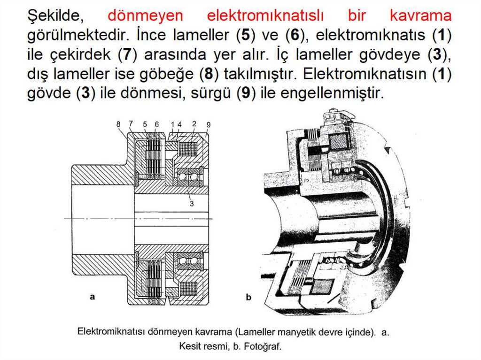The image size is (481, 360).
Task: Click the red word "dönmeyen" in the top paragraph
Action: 145,16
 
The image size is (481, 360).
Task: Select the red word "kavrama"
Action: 420,16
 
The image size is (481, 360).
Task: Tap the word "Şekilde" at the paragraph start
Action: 54,16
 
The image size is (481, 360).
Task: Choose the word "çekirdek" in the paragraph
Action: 78,54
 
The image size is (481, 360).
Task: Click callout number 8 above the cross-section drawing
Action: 118,124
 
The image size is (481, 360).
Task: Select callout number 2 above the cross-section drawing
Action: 194,123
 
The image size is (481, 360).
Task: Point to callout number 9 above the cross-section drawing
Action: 209,124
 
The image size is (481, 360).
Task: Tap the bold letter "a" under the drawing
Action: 93,296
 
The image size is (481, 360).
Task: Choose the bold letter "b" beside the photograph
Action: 248,297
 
